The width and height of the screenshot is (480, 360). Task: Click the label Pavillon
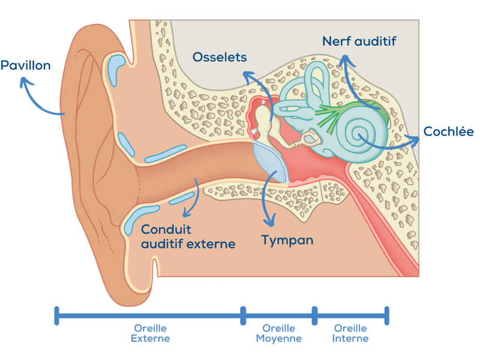click(25, 65)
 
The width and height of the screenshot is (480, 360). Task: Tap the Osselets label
click(220, 57)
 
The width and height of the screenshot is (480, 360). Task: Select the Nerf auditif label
click(359, 41)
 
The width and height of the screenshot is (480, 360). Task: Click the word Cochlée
click(449, 131)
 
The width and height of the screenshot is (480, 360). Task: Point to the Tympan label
click(287, 240)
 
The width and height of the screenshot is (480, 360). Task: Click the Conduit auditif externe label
click(188, 236)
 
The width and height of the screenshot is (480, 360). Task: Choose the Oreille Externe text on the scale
click(150, 333)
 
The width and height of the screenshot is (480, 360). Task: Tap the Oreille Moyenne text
click(278, 333)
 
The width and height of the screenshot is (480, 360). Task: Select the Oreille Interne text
click(351, 333)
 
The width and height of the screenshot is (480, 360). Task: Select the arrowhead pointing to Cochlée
click(415, 139)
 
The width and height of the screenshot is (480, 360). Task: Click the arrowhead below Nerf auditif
click(344, 59)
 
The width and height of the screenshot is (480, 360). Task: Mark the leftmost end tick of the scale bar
click(56, 315)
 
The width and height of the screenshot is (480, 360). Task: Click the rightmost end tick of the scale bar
click(387, 315)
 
